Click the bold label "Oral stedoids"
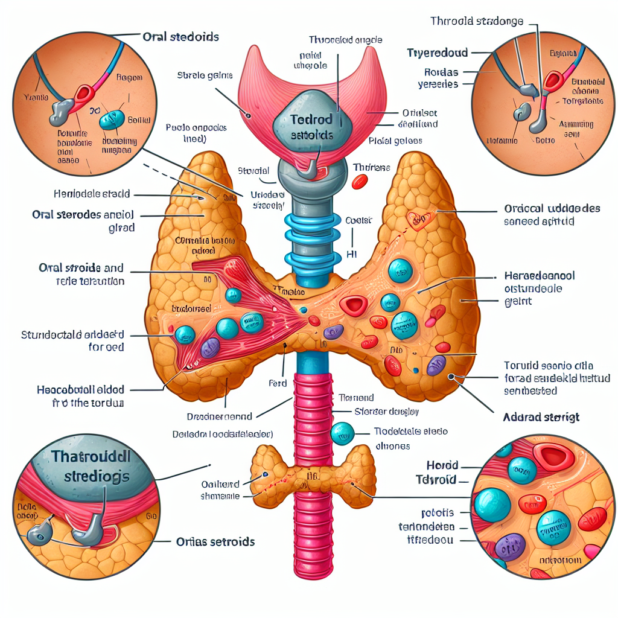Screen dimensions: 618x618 (180, 37)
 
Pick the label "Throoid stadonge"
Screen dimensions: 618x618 (476, 22)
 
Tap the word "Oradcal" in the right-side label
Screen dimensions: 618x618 (524, 208)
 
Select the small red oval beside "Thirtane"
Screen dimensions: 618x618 (360, 180)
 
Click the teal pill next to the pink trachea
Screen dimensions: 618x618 (342, 432)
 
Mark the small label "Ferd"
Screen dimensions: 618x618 (277, 383)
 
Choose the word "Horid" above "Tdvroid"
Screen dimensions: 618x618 (442, 465)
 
